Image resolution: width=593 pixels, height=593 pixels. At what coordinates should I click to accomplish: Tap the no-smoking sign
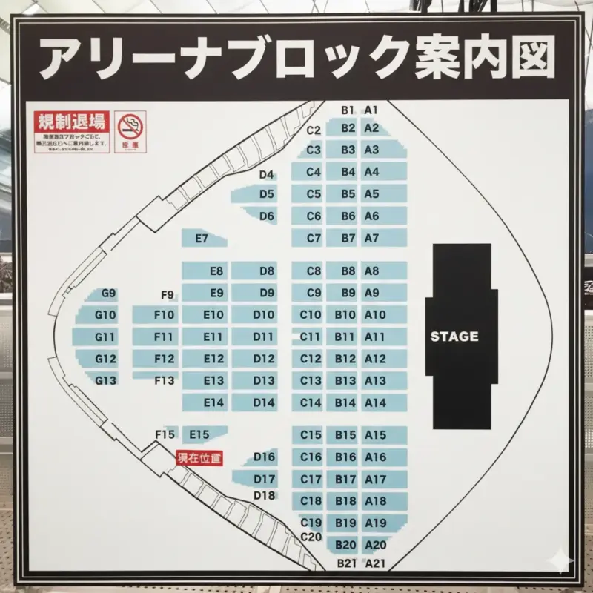(130, 131)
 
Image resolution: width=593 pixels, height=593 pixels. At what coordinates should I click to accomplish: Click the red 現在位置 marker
(199, 458)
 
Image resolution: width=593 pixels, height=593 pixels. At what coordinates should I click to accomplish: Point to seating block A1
(371, 110)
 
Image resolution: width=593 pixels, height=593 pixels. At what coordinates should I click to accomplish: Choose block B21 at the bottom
(347, 563)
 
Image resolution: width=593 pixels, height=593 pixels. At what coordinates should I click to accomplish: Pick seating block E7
(201, 239)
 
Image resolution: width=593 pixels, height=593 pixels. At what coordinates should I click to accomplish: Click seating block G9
(109, 294)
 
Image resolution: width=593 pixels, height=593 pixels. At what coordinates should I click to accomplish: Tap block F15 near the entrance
(165, 434)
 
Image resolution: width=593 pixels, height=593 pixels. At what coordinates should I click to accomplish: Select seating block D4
(267, 175)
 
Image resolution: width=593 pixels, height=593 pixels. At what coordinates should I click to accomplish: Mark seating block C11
(311, 337)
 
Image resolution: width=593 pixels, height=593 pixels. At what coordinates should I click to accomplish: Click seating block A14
(376, 402)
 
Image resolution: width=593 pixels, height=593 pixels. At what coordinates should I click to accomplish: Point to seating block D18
(265, 495)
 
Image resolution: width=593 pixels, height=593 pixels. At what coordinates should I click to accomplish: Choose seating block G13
(106, 380)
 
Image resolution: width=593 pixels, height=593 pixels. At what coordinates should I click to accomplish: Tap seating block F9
(168, 295)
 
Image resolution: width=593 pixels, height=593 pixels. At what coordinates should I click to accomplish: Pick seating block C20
(311, 537)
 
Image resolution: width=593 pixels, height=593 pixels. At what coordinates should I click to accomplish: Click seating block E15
(200, 434)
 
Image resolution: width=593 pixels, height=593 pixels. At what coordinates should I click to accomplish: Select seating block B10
(345, 314)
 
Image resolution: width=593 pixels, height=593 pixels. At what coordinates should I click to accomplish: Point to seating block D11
(263, 337)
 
